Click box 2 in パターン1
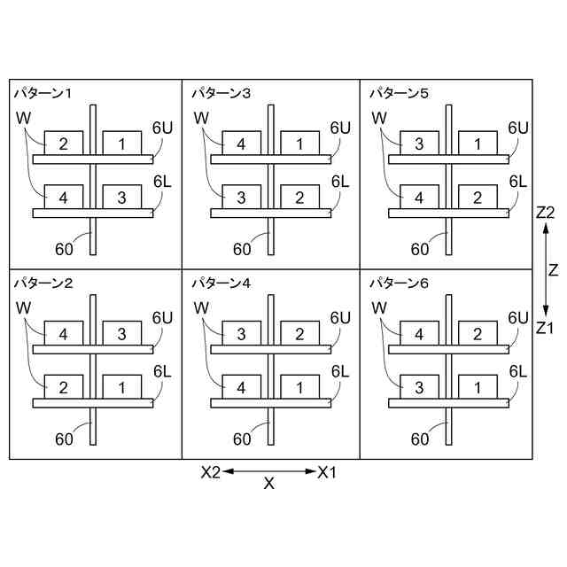pyautogui.click(x=63, y=144)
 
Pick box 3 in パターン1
pyautogui.click(x=122, y=197)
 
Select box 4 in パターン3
pyautogui.click(x=241, y=144)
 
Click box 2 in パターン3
pyautogui.click(x=300, y=197)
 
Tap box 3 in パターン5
pyautogui.click(x=419, y=144)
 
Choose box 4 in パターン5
pyautogui.click(x=419, y=197)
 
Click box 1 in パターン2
pyautogui.click(x=122, y=387)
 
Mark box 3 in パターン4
pyautogui.click(x=241, y=334)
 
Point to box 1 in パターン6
pyautogui.click(x=478, y=387)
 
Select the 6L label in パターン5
pyautogui.click(x=518, y=181)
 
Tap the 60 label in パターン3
pyautogui.click(x=243, y=249)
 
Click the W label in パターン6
pyautogui.click(x=379, y=307)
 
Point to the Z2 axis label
pyautogui.click(x=545, y=213)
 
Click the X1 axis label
pyautogui.click(x=328, y=472)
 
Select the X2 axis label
pyautogui.click(x=210, y=472)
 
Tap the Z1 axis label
pyautogui.click(x=545, y=327)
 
